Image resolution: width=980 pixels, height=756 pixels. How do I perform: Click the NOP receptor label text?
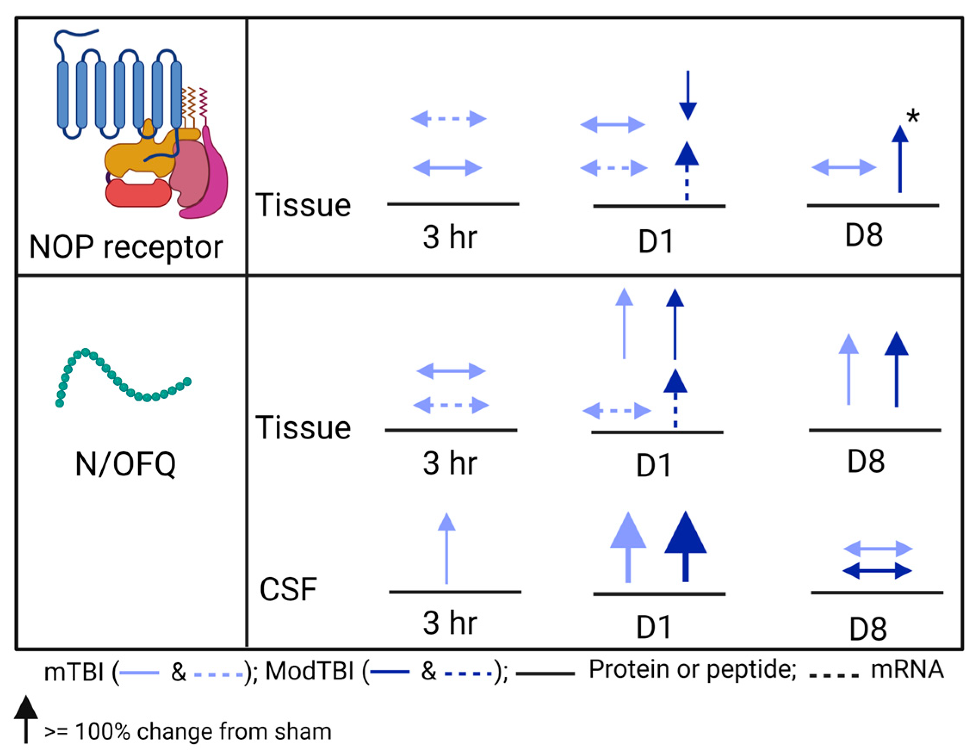[126, 247]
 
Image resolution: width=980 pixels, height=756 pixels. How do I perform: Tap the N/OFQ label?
[125, 464]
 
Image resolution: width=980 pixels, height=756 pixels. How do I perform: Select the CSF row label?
[288, 589]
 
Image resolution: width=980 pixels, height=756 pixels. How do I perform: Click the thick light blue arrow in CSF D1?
[628, 547]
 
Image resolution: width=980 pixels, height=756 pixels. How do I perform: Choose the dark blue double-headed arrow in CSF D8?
[877, 571]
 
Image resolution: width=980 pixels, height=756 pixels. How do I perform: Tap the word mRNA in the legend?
[907, 670]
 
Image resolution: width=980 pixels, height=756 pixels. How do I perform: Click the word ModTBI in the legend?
[309, 672]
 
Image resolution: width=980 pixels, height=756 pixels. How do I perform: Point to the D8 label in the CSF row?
[868, 629]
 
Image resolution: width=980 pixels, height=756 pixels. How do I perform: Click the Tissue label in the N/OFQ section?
[303, 427]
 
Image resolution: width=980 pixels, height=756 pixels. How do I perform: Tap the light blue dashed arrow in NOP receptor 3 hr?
[448, 119]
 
